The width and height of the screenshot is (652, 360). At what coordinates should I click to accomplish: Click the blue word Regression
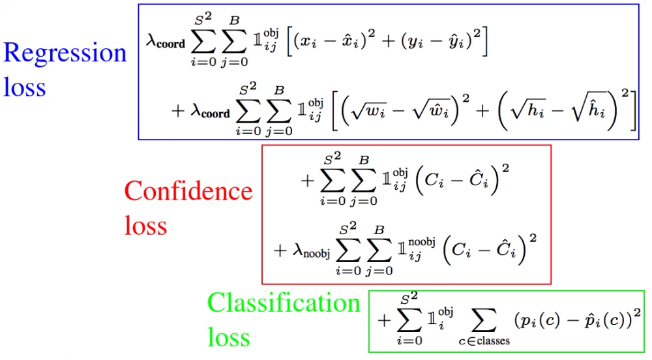[x=65, y=53]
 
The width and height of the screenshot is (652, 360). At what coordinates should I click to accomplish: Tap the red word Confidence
[x=188, y=191]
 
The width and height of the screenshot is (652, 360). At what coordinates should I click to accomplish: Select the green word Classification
[x=284, y=303]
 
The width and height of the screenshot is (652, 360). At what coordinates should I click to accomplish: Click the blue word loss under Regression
[x=25, y=87]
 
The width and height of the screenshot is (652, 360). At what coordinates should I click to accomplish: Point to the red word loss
[x=145, y=225]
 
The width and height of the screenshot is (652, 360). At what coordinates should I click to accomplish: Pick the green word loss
[x=229, y=337]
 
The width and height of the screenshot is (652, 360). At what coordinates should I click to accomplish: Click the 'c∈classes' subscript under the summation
[x=484, y=340]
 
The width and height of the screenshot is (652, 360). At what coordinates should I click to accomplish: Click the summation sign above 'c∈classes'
[x=483, y=319]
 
